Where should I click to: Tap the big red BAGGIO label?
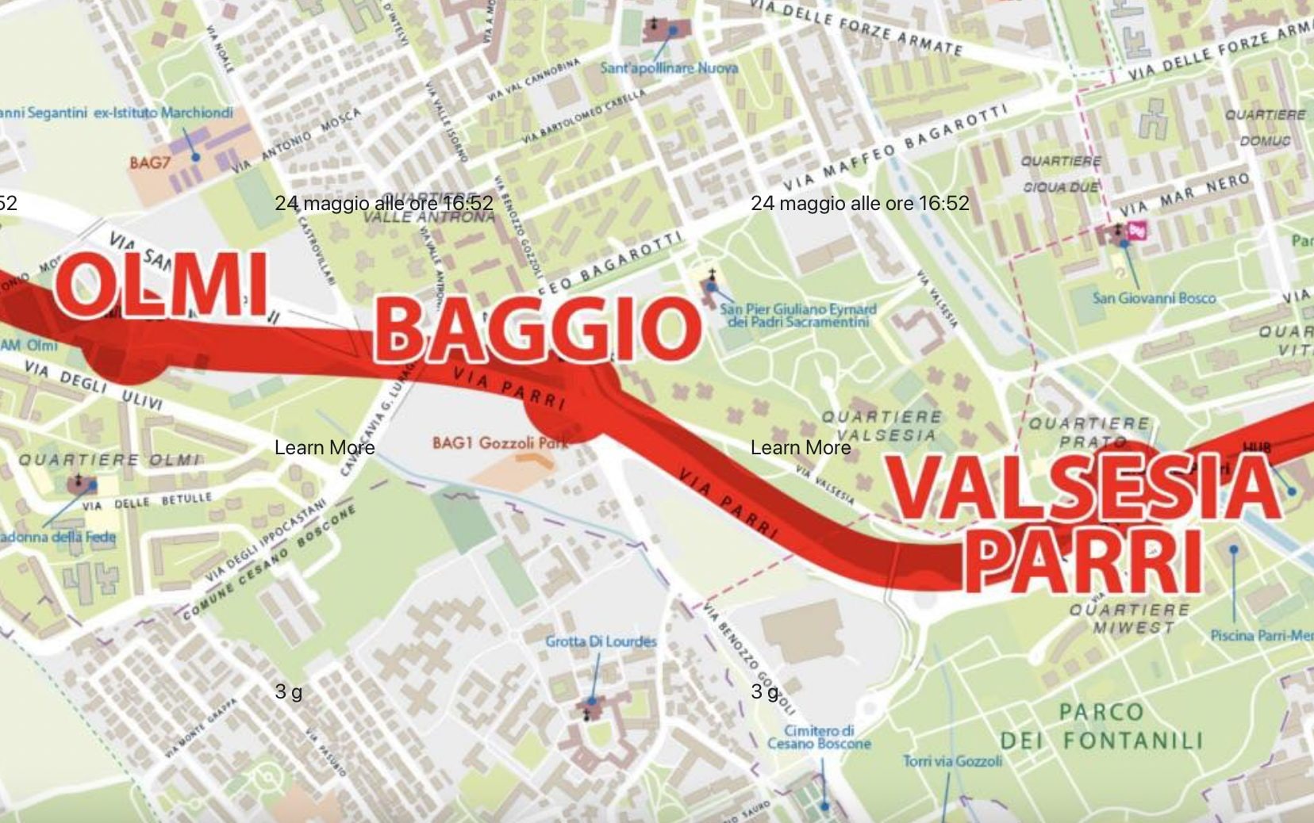(537, 329)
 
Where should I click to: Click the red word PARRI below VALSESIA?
(1083, 561)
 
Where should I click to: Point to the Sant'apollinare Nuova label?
(669, 68)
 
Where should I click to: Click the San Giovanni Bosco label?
(1154, 298)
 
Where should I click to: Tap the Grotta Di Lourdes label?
(601, 641)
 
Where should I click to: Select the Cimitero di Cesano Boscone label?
(819, 737)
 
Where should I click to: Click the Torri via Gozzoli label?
(952, 761)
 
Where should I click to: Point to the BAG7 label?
(150, 163)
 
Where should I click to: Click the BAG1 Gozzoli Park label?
(500, 442)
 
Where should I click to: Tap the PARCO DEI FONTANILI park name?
(1101, 726)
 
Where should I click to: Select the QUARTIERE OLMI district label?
(109, 460)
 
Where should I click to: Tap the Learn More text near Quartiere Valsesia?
(800, 448)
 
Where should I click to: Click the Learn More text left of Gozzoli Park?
(324, 448)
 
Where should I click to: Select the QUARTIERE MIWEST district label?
(1129, 618)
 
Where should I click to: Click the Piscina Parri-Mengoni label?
(1262, 635)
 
